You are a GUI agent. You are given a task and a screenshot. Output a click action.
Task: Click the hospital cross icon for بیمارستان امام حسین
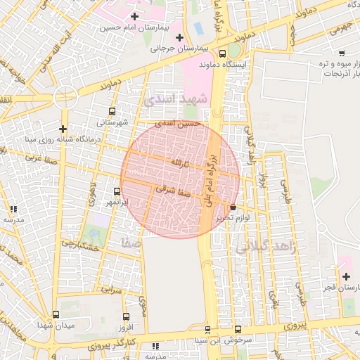(134, 15)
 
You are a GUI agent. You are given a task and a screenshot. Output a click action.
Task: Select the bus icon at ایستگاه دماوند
(223, 53)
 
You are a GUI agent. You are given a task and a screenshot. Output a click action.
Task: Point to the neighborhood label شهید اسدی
(176, 101)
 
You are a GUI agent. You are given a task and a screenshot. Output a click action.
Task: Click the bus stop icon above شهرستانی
(112, 111)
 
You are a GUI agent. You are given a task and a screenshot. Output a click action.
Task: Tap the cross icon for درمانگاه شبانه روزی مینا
(63, 129)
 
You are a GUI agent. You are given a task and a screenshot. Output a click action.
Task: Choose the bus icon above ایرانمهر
(117, 191)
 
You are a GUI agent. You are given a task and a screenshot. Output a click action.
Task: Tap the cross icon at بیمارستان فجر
(345, 276)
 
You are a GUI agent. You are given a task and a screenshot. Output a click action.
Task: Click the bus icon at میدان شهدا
(56, 314)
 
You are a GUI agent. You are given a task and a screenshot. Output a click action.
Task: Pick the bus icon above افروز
(126, 317)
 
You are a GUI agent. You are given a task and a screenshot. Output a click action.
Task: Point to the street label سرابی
(112, 288)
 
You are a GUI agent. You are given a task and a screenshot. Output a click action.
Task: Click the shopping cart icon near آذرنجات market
(342, 53)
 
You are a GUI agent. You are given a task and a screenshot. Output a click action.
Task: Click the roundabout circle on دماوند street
(64, 97)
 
